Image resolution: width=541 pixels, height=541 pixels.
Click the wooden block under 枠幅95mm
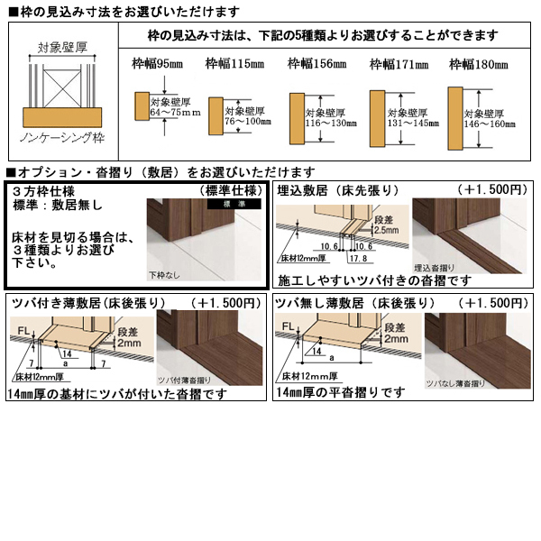pyautogui.click(x=142, y=105)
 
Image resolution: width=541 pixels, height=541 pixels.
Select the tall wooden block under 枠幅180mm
pyautogui.click(x=454, y=117)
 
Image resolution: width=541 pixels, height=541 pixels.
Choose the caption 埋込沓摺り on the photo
pyautogui.click(x=436, y=268)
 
